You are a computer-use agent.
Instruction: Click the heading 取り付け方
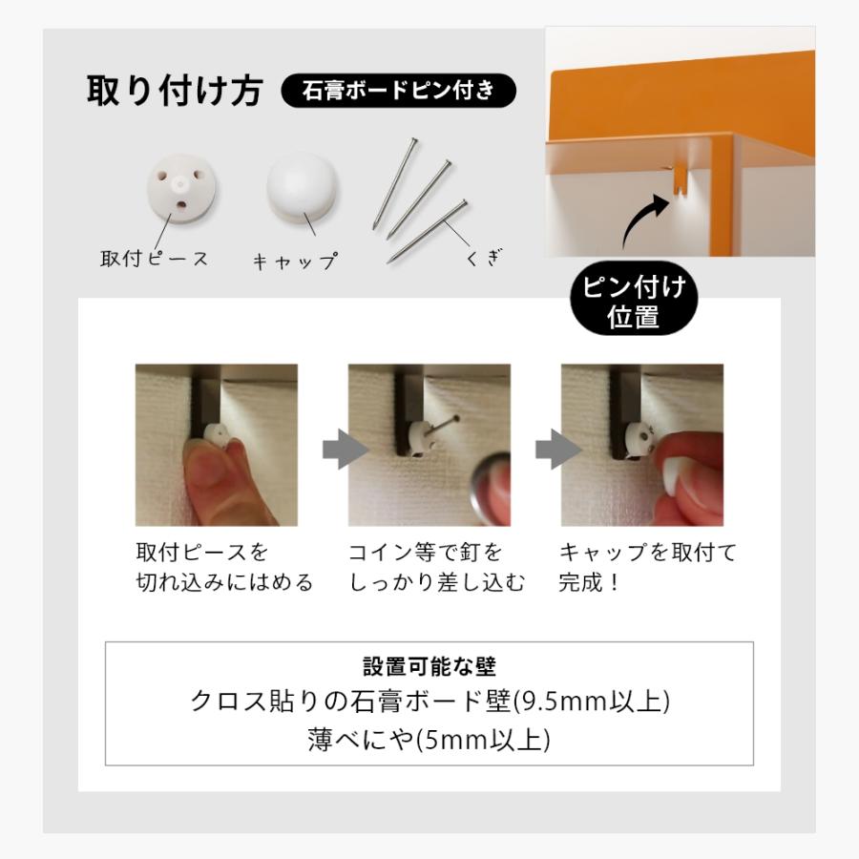tap(175, 92)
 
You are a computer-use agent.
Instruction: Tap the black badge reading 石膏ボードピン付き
tap(398, 92)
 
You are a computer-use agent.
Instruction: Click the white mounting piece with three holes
tap(181, 185)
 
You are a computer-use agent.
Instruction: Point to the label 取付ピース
tap(154, 259)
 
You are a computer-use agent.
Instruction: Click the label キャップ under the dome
tap(295, 261)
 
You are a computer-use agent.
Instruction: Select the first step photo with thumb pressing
tap(216, 445)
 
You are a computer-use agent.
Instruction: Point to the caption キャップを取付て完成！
tap(647, 567)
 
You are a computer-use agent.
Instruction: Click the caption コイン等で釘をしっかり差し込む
tap(435, 567)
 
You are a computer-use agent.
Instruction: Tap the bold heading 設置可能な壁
tap(429, 666)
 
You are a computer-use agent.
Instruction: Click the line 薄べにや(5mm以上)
tap(429, 740)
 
